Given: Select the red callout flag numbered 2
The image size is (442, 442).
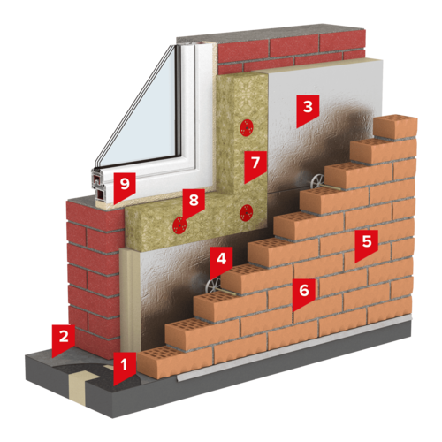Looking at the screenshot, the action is pos(64,338).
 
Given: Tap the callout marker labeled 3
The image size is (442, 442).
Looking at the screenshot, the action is pos(308,108).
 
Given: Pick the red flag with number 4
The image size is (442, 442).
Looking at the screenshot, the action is pos(221,260).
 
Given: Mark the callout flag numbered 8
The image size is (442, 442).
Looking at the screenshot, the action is pos(194,202).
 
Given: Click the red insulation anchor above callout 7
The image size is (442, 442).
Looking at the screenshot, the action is pos(247,128).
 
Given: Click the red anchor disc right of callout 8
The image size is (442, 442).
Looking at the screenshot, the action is pos(246,213).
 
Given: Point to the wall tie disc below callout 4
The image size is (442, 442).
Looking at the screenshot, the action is pos(213,286).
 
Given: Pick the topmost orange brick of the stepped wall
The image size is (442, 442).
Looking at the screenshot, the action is pos(395,126).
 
